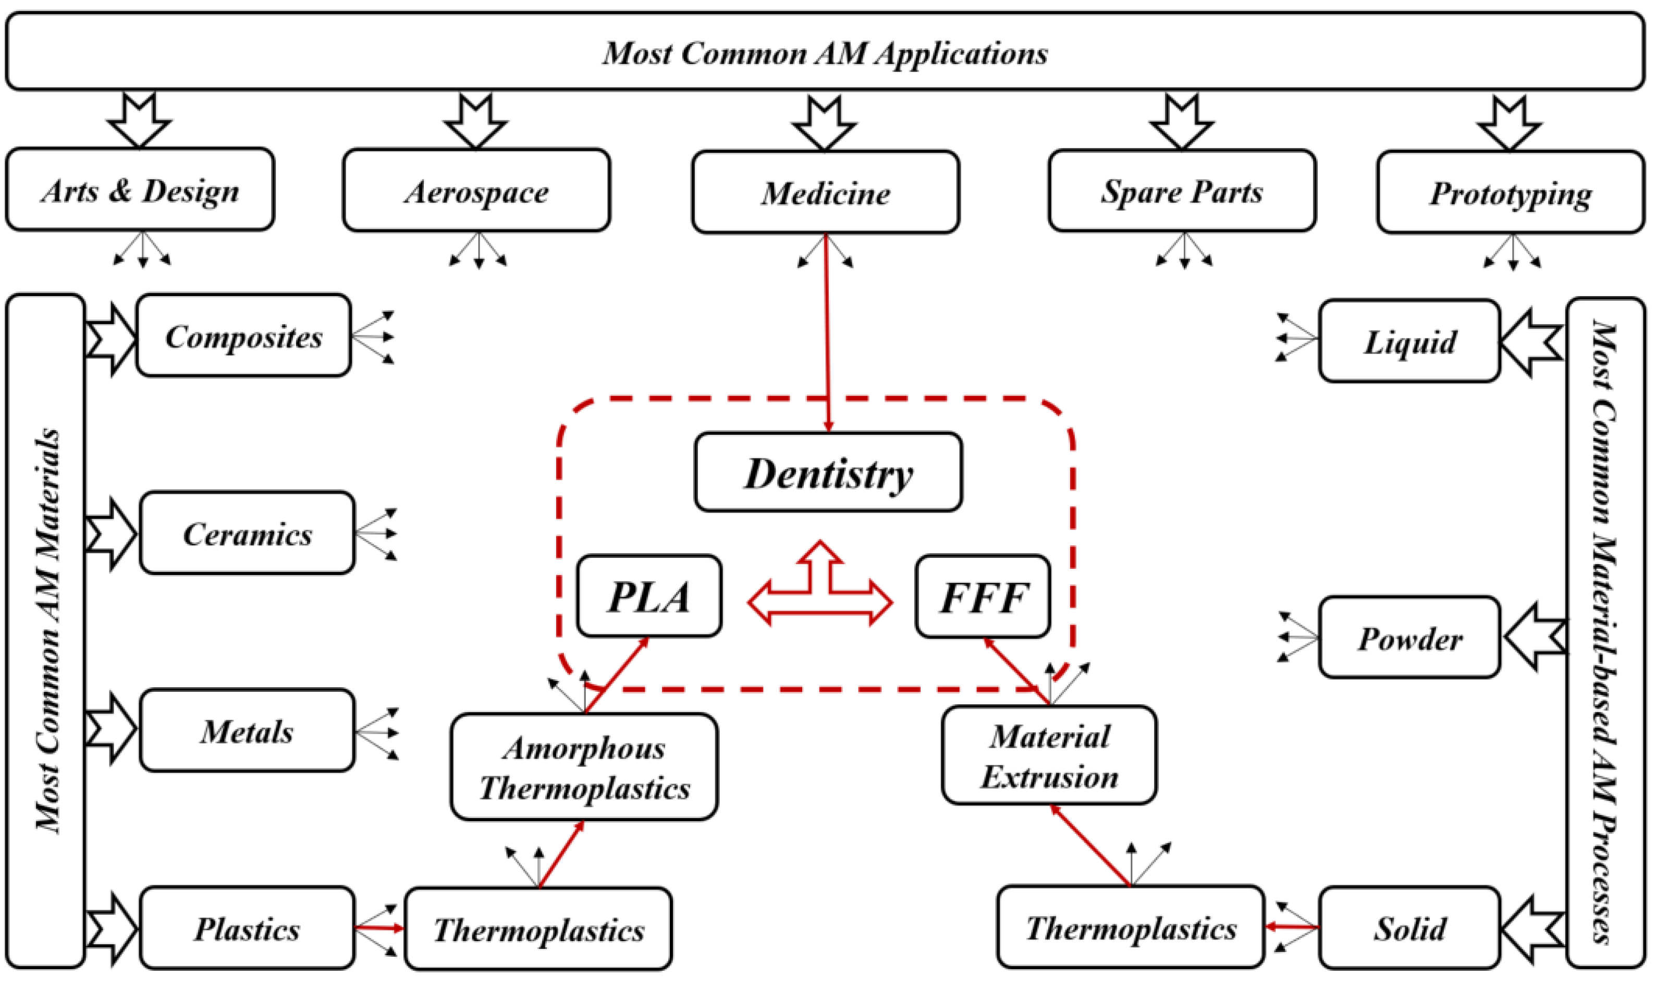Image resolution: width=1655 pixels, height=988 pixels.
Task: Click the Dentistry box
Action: (828, 473)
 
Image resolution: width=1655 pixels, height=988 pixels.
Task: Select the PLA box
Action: (649, 596)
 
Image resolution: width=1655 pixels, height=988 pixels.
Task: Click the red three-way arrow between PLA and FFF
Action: (820, 592)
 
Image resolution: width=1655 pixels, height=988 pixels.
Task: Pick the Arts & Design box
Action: (140, 190)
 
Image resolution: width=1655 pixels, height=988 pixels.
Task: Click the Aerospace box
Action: (476, 191)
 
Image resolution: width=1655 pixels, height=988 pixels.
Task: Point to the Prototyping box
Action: (1510, 193)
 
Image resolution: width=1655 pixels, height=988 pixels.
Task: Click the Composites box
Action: (243, 336)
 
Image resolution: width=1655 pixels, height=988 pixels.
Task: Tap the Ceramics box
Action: (247, 533)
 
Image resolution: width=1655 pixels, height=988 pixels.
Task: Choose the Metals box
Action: (247, 731)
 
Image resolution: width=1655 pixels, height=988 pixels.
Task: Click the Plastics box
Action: (247, 928)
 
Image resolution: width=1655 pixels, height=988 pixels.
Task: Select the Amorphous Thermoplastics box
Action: (584, 767)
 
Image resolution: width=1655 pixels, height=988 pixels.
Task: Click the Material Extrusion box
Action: (1049, 755)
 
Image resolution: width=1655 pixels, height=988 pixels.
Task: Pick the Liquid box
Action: (1409, 341)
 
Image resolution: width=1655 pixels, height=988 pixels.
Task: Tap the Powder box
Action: (1409, 638)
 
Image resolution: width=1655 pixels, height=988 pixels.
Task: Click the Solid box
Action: (1409, 928)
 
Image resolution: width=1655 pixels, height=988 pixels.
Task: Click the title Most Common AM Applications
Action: (825, 52)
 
